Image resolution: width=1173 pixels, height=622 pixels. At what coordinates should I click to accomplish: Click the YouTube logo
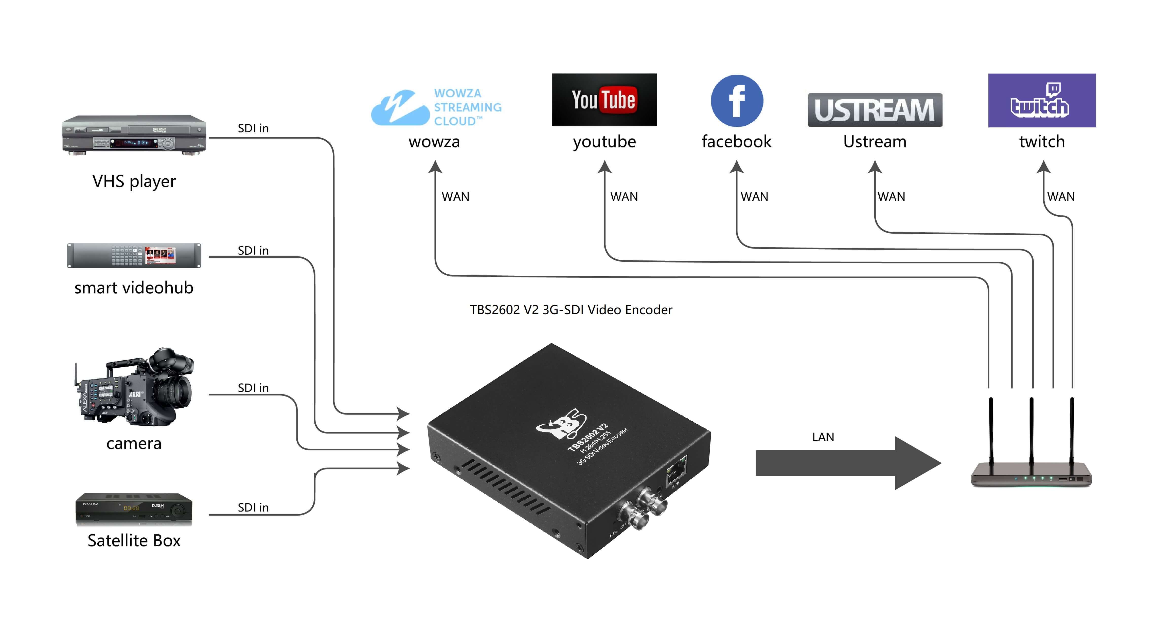click(x=604, y=100)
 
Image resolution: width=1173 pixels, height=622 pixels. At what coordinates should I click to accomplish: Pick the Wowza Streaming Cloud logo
click(x=436, y=107)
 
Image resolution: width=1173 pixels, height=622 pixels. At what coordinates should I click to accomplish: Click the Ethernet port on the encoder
click(x=676, y=469)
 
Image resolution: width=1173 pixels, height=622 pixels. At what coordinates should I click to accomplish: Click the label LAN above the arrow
click(x=823, y=437)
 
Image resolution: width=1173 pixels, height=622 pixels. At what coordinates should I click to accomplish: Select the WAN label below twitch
click(x=1060, y=197)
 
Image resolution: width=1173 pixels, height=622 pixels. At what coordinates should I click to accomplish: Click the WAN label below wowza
click(x=455, y=197)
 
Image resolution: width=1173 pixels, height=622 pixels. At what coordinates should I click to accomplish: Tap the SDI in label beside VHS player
click(x=253, y=128)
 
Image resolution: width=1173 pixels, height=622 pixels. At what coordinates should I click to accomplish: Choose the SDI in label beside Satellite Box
click(x=253, y=507)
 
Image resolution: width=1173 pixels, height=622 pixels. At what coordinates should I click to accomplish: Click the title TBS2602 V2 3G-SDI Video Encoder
click(x=571, y=310)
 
